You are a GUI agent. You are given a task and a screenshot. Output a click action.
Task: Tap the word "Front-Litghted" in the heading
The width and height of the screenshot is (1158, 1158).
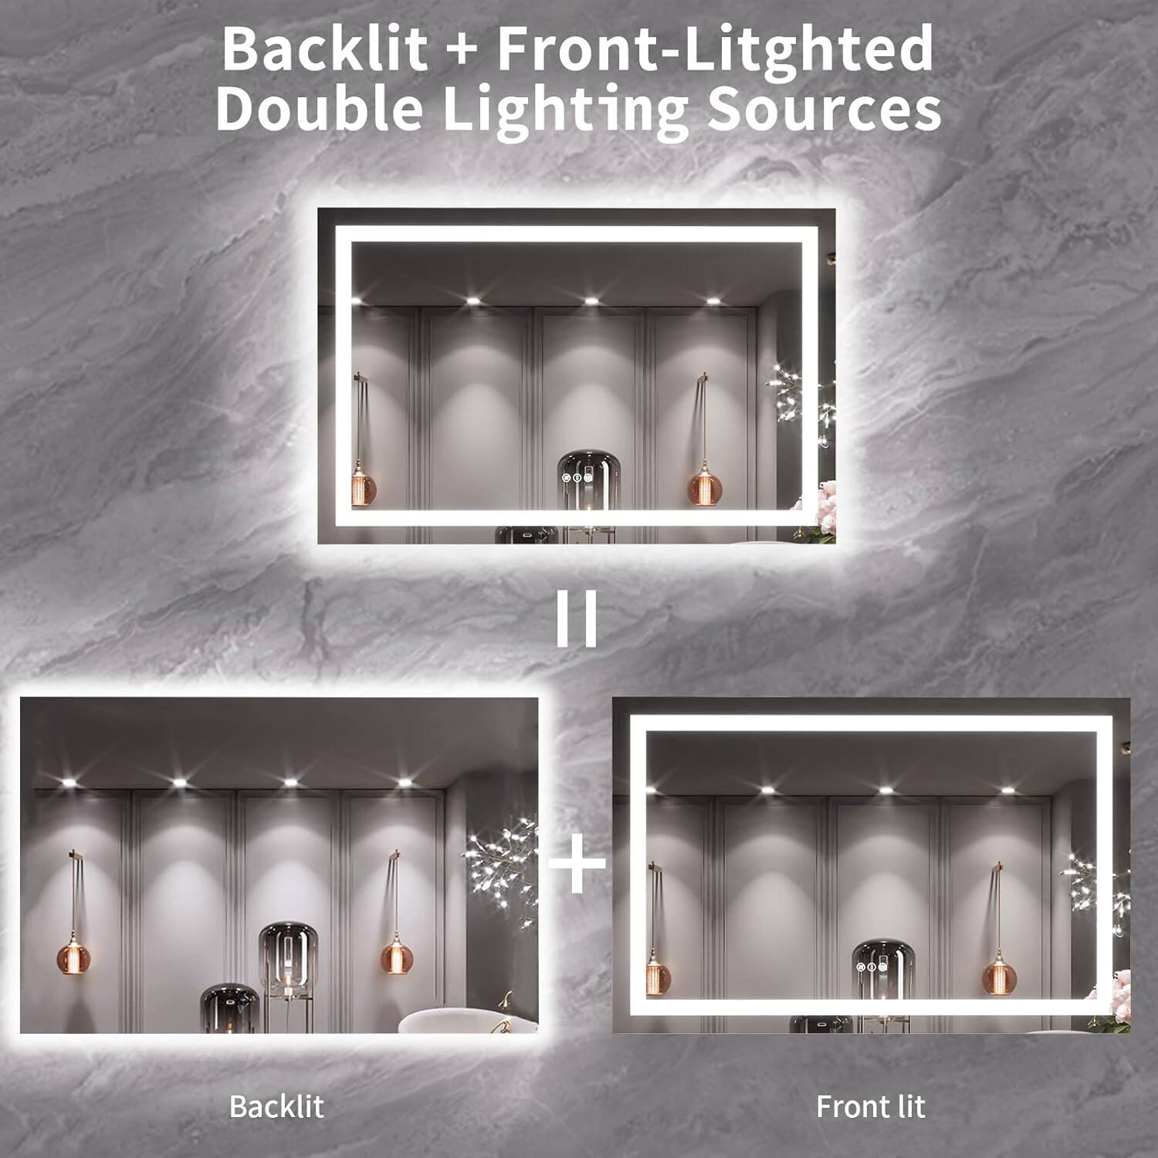pos(714,49)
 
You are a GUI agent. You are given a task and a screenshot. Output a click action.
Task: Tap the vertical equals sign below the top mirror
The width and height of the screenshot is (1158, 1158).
pos(577,622)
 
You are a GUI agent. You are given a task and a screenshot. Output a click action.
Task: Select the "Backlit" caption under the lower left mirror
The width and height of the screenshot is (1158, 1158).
pos(276,1106)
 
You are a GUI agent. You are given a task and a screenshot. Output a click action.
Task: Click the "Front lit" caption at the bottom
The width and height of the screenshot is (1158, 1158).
pos(870,1106)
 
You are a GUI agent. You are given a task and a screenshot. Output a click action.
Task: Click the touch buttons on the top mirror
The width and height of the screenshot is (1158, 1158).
pos(577,478)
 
